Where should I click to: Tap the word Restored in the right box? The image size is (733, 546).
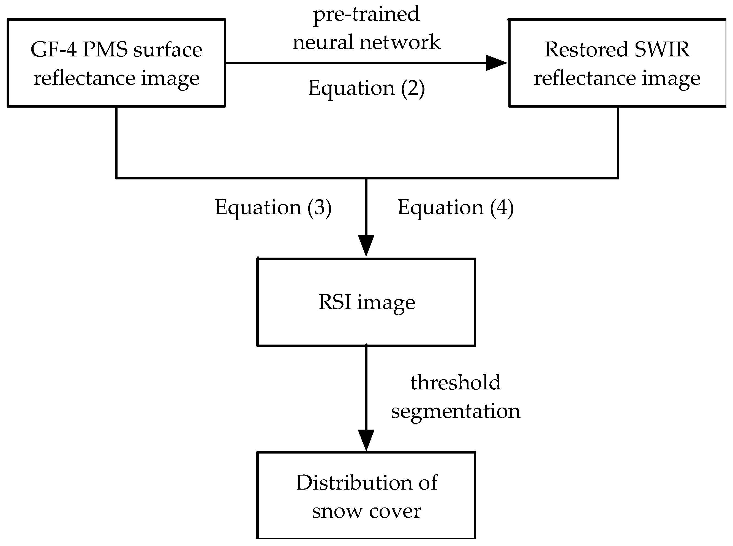click(586, 50)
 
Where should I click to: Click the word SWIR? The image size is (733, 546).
click(662, 50)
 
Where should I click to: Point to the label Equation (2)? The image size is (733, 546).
click(366, 88)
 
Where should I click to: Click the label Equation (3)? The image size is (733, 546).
click(273, 208)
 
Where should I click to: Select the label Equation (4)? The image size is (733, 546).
click(455, 208)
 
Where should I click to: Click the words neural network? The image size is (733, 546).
click(366, 42)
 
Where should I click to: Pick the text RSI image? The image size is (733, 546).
click(366, 302)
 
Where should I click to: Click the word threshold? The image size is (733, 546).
click(455, 383)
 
